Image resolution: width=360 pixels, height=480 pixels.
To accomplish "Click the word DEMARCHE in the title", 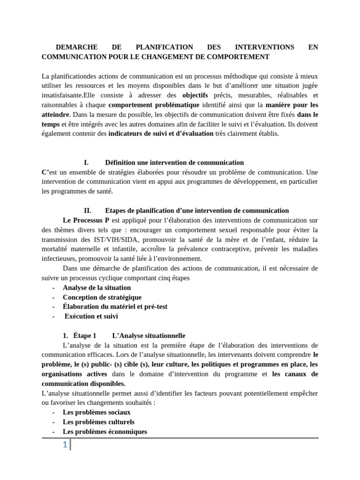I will (x=76, y=47).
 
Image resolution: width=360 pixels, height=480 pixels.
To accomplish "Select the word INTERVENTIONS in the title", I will (x=264, y=47).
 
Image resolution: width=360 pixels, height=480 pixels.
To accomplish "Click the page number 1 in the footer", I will (x=65, y=445).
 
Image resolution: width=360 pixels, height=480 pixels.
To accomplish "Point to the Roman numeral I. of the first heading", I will (x=86, y=163).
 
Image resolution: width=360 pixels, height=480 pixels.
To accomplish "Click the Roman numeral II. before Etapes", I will (x=87, y=210).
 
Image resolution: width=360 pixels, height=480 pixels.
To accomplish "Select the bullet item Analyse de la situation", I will (x=97, y=287).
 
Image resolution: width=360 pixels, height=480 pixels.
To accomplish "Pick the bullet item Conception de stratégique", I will (x=102, y=297).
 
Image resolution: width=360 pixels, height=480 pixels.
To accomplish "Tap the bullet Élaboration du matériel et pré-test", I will (x=115, y=307).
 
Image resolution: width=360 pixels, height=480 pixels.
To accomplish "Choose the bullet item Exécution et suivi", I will (x=91, y=316).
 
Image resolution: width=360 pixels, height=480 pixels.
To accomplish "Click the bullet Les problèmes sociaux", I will (x=96, y=412).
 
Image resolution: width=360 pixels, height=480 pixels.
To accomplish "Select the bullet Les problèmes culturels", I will (x=98, y=422).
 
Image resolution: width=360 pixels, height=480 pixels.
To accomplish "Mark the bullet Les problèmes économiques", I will (x=105, y=431).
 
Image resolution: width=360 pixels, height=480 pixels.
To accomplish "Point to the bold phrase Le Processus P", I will (x=86, y=220).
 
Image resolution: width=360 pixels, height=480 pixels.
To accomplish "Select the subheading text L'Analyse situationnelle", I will (x=149, y=336).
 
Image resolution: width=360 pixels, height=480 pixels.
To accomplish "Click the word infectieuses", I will (x=60, y=259).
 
